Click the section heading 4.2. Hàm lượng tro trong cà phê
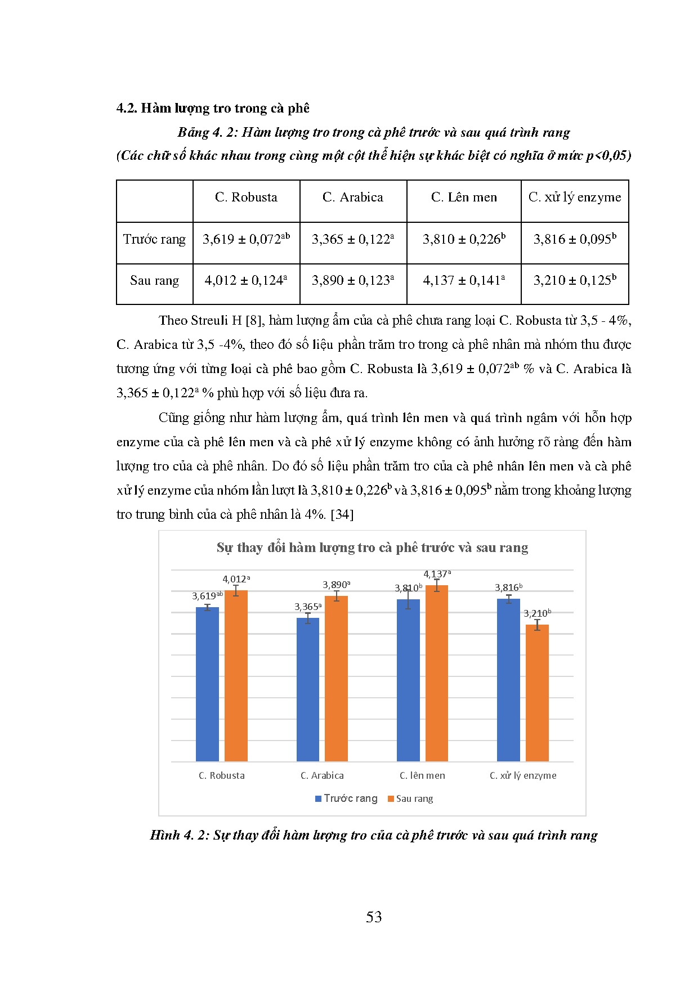point(213,108)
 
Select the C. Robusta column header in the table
point(246,198)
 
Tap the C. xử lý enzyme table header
point(575,198)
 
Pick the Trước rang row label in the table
point(154,240)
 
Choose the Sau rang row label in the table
point(154,281)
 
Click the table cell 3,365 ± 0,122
point(353,240)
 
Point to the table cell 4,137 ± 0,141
point(464,281)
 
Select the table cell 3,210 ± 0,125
point(575,281)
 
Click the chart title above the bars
point(372,548)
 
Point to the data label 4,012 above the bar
point(236,580)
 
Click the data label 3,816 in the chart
point(508,588)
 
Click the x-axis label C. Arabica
point(322,775)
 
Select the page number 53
point(374,917)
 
